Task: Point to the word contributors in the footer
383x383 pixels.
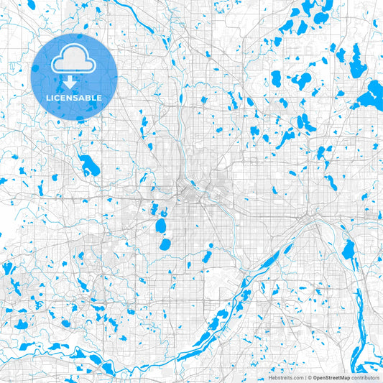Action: (x=366, y=377)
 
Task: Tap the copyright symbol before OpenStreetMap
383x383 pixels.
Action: (x=310, y=377)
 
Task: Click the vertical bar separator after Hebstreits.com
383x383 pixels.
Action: (x=305, y=377)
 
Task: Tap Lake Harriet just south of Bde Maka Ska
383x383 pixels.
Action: (x=165, y=244)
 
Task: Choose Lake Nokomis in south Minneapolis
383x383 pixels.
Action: (x=207, y=256)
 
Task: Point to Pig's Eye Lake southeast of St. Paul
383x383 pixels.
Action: (x=349, y=250)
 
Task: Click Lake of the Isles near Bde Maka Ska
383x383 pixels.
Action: (x=162, y=213)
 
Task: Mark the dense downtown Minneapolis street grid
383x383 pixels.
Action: (x=190, y=193)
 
